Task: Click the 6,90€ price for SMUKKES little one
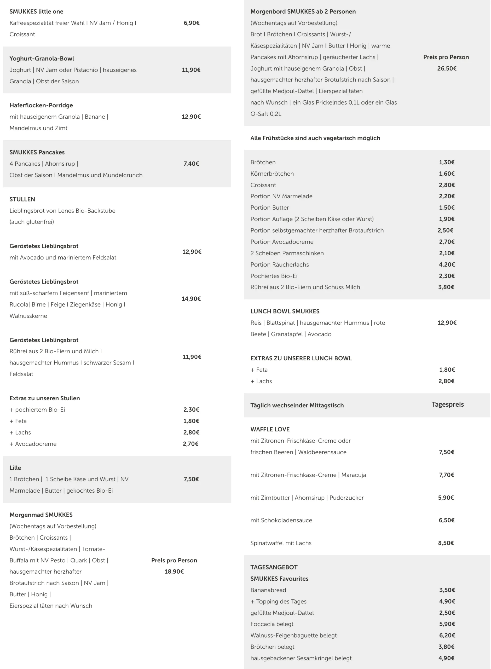point(191,23)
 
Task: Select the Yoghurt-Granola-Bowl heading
point(42,59)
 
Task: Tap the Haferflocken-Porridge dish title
point(41,105)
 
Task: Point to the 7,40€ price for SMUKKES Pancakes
point(191,163)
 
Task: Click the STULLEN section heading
point(22,199)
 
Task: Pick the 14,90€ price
point(191,299)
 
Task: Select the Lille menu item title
point(15,468)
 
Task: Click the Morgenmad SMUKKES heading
point(41,515)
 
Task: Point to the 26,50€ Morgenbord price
point(446,68)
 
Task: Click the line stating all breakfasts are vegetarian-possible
point(315,138)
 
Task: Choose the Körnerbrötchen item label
point(272,174)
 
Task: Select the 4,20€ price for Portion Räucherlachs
point(446,264)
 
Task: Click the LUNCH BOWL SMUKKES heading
point(285,311)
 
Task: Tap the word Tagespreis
point(447,404)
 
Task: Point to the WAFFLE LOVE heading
point(270,429)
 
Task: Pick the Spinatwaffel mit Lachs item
point(281,543)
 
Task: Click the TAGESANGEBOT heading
point(274,567)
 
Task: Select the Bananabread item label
point(268,590)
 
